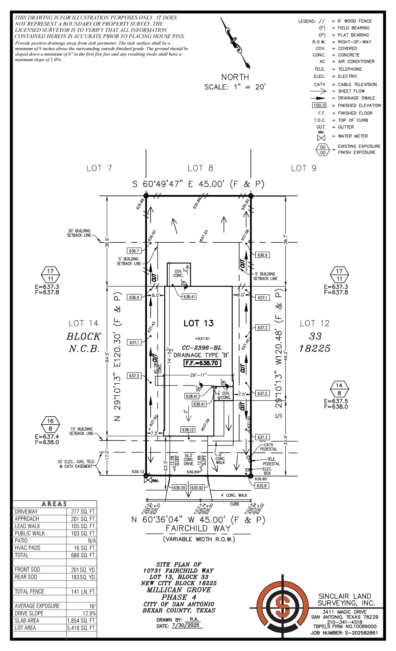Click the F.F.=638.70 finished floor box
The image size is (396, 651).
coord(202,363)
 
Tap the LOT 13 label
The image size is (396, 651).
coord(198,323)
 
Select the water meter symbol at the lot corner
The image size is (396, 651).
coord(148,479)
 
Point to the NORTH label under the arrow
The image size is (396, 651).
coord(235,77)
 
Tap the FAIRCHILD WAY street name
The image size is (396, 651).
coord(198,528)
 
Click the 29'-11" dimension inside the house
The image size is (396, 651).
coord(198,375)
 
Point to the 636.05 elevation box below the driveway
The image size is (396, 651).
coord(179,488)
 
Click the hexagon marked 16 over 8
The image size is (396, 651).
coord(50,425)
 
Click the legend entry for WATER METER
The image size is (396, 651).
coord(353,136)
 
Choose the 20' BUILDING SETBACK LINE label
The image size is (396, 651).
coord(79,233)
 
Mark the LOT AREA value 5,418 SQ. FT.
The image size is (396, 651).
coord(81,628)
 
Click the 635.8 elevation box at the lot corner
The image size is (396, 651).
coord(262,486)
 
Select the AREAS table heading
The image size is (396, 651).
coord(54,504)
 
